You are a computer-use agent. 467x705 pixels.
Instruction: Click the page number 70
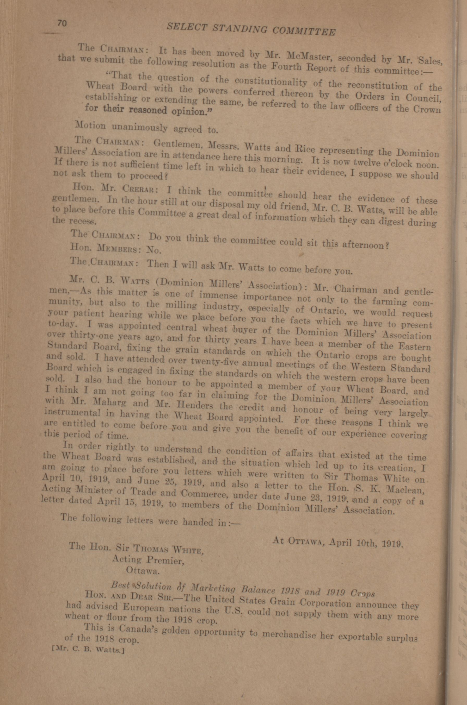pos(62,23)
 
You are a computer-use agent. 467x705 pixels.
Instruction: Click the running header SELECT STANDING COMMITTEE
pos(251,30)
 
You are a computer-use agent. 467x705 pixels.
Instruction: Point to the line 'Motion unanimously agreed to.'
pos(146,128)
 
